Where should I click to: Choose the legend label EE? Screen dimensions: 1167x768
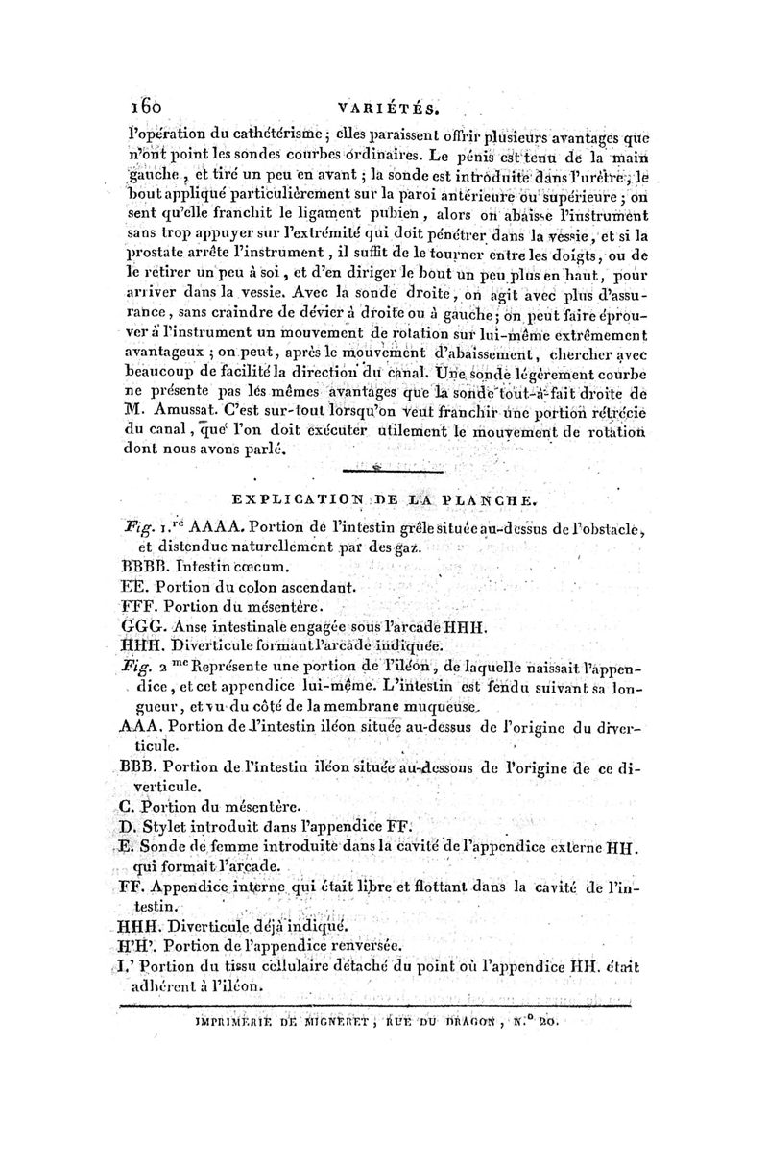click(x=132, y=586)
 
